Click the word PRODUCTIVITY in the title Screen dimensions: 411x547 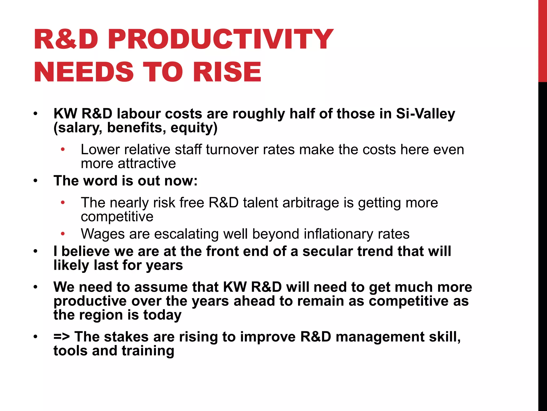(x=220, y=40)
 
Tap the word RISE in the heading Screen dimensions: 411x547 (x=227, y=72)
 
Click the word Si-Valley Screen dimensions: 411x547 (x=425, y=114)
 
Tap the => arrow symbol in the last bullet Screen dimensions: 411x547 (x=62, y=337)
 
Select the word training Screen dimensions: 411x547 (x=148, y=351)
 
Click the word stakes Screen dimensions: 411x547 (x=126, y=337)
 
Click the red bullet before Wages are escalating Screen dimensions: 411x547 (x=63, y=234)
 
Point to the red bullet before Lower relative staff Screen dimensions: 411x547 (x=63, y=150)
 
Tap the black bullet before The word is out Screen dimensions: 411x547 (x=36, y=181)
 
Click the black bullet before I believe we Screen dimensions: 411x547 (x=36, y=252)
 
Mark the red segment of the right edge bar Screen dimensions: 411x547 (x=542, y=40)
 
